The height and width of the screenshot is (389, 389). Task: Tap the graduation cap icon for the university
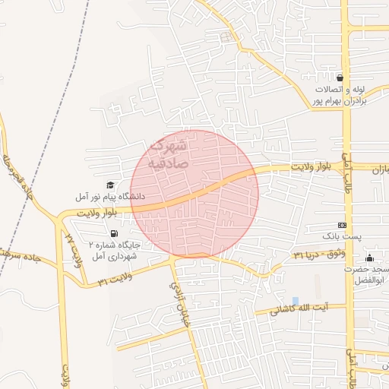point(110,185)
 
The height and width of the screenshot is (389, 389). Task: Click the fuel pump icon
point(114,233)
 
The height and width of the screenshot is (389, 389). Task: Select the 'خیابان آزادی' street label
point(179,296)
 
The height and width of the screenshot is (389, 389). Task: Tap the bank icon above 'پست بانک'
point(343,225)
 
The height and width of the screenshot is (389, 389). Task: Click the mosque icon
point(370,258)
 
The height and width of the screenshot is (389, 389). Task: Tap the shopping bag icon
point(340,77)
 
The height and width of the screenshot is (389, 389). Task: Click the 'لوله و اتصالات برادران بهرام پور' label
point(341,95)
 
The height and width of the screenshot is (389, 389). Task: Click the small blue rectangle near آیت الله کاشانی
point(295,301)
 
